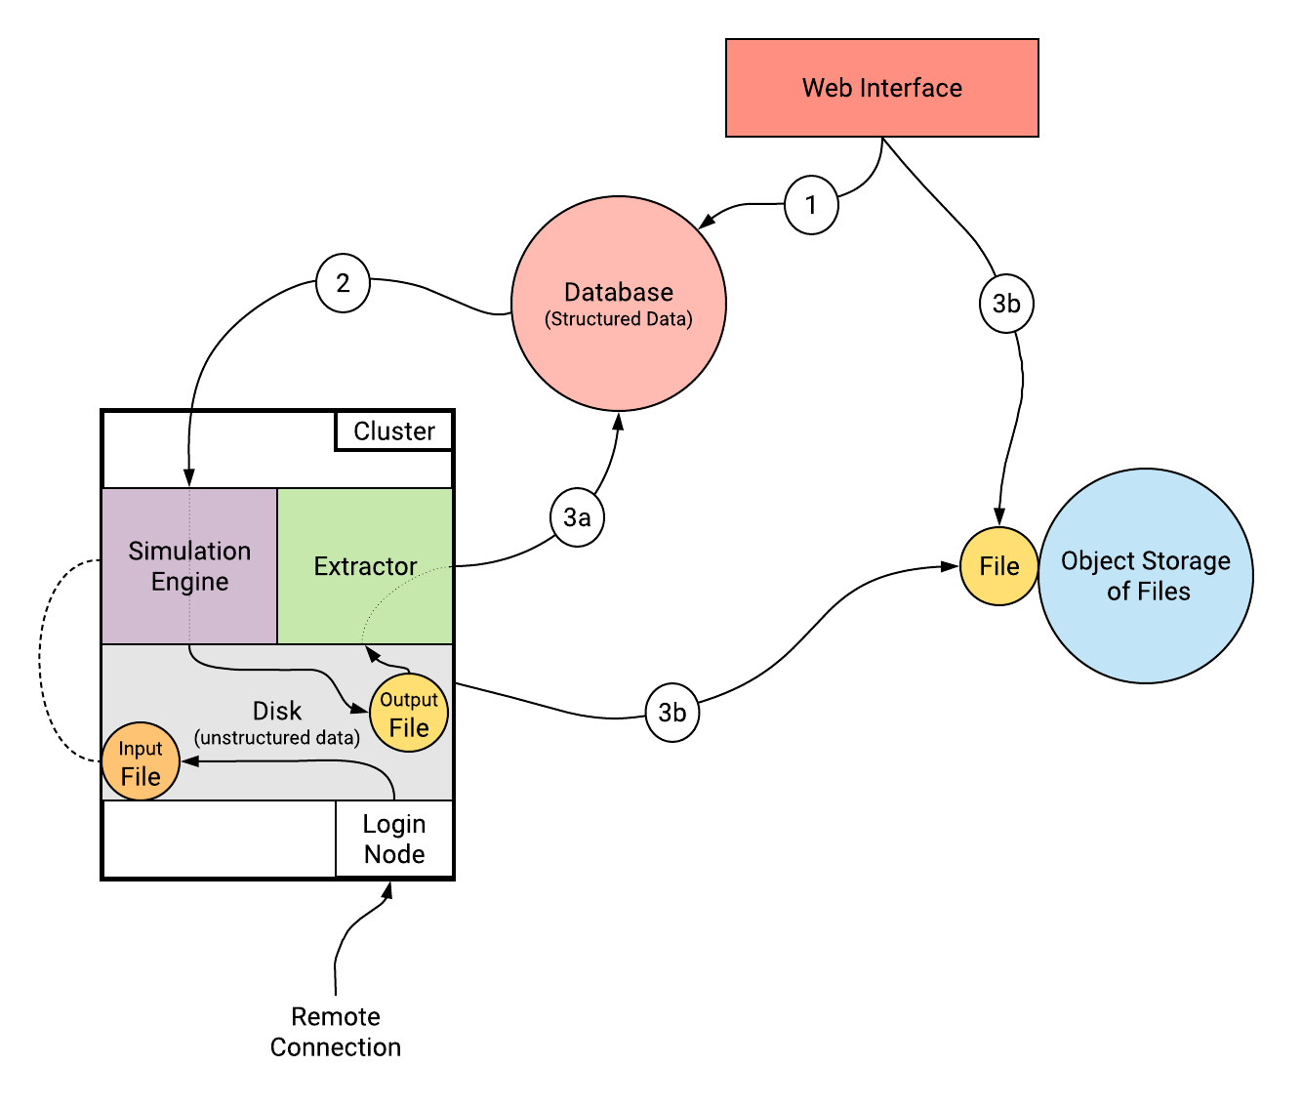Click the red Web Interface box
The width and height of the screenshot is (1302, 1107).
tap(881, 88)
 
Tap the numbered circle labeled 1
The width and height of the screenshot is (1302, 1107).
tap(811, 205)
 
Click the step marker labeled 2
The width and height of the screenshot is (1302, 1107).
tap(343, 283)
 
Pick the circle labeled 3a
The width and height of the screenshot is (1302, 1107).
tap(577, 517)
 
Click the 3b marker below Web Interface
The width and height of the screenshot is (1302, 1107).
tap(1006, 304)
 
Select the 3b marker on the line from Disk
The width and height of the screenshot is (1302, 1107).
tap(672, 713)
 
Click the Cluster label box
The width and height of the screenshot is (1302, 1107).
tap(394, 431)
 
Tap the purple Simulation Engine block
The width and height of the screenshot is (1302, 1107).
tap(189, 566)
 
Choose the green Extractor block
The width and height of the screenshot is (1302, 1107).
tap(365, 566)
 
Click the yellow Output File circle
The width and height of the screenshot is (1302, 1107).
tap(409, 714)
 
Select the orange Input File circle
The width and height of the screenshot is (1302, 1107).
tap(141, 762)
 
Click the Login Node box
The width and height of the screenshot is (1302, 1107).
tap(394, 840)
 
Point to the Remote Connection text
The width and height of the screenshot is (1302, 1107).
tap(336, 1032)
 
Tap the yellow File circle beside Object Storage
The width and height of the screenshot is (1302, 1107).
tap(998, 566)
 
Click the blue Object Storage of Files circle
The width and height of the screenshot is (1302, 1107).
tap(1146, 576)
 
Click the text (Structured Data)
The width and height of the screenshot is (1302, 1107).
tap(619, 319)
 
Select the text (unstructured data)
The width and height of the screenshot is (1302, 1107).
tap(277, 738)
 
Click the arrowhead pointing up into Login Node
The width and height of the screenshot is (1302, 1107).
tap(388, 889)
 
